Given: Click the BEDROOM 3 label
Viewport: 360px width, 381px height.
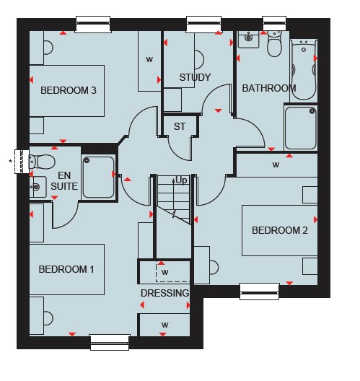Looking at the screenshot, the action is click(69, 90).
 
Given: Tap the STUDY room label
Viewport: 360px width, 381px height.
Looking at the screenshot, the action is click(195, 77).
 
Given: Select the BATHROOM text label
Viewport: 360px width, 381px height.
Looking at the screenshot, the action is click(269, 88).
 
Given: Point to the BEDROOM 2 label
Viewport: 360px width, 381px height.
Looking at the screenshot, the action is click(280, 230).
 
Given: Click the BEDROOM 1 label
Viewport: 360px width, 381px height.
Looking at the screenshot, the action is click(66, 269).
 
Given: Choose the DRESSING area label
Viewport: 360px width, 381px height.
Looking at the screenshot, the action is click(165, 293).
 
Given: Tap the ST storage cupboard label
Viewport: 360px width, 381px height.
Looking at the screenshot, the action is click(180, 126).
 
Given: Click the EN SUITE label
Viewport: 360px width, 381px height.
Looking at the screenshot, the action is click(64, 181).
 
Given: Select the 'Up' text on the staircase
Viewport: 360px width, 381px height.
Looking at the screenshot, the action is click(181, 180).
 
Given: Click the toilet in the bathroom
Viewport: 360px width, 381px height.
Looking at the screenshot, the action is click(274, 44).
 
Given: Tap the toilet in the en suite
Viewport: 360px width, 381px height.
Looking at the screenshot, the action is click(42, 162).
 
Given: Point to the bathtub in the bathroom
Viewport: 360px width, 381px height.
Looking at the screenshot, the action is click(304, 70).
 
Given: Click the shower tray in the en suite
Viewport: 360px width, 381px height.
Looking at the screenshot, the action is click(98, 177).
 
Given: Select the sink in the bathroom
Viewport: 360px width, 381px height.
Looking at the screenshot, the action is click(248, 39).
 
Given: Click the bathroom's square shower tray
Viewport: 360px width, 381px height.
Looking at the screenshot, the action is click(301, 128).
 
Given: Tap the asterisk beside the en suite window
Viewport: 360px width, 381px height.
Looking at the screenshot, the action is click(10, 161).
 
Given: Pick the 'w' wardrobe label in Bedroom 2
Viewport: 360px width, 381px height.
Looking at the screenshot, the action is click(276, 165).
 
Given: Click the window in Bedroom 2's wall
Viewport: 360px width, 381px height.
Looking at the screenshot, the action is click(260, 292).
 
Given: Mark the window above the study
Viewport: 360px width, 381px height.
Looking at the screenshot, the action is click(203, 24).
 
